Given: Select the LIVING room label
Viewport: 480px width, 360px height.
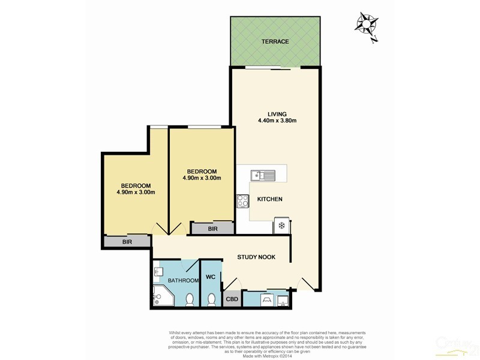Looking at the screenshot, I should pyautogui.click(x=277, y=113).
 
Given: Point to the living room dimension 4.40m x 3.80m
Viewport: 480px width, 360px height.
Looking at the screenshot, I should pyautogui.click(x=277, y=121).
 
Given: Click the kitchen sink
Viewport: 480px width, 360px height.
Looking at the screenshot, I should pyautogui.click(x=263, y=175).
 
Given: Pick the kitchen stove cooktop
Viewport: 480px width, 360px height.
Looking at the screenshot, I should pyautogui.click(x=244, y=202).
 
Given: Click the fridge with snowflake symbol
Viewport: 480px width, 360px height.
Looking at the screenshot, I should pyautogui.click(x=281, y=226).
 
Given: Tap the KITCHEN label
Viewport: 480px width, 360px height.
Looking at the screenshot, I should pyautogui.click(x=269, y=199).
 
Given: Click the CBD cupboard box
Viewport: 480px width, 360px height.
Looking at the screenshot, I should pyautogui.click(x=232, y=299).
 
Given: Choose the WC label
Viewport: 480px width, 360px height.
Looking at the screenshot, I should pyautogui.click(x=210, y=277).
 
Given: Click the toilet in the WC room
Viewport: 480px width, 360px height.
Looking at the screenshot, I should pyautogui.click(x=211, y=298).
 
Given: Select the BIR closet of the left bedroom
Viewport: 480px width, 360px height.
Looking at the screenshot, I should pyautogui.click(x=127, y=241).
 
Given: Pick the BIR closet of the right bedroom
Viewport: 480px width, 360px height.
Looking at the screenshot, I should pyautogui.click(x=212, y=228).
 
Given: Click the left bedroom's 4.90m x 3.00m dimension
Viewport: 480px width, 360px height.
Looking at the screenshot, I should pyautogui.click(x=136, y=193).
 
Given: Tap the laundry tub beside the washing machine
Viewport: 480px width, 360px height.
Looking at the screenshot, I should pyautogui.click(x=283, y=299).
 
